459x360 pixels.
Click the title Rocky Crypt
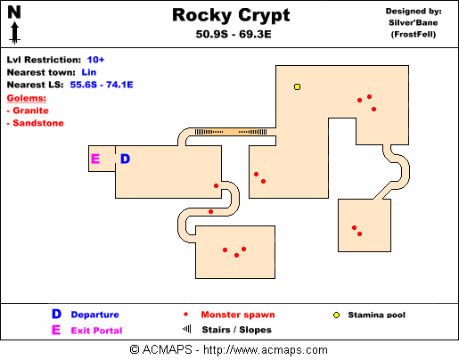pos(231,15)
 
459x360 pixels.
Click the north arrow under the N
pos(14,34)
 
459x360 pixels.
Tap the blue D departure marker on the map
pos(125,159)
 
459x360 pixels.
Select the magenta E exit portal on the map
pos(95,159)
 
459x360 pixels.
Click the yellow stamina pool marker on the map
pos(297,86)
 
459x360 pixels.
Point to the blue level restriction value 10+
pos(95,60)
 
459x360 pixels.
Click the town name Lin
pos(89,72)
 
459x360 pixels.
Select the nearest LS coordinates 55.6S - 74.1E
pos(102,85)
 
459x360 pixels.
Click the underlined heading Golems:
pos(27,98)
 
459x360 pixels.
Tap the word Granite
pos(30,110)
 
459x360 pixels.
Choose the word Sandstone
pos(38,123)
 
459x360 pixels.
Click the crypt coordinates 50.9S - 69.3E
pos(234,35)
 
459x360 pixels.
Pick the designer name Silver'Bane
pos(414,23)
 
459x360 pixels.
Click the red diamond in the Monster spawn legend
pos(186,315)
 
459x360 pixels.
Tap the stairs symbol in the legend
pos(187,329)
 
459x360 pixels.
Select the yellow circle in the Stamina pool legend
pos(336,315)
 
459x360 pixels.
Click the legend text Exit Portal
pos(96,331)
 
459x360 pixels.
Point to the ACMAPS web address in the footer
pos(266,350)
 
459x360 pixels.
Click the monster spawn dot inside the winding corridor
pos(210,212)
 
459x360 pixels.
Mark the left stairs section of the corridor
pos(209,132)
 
